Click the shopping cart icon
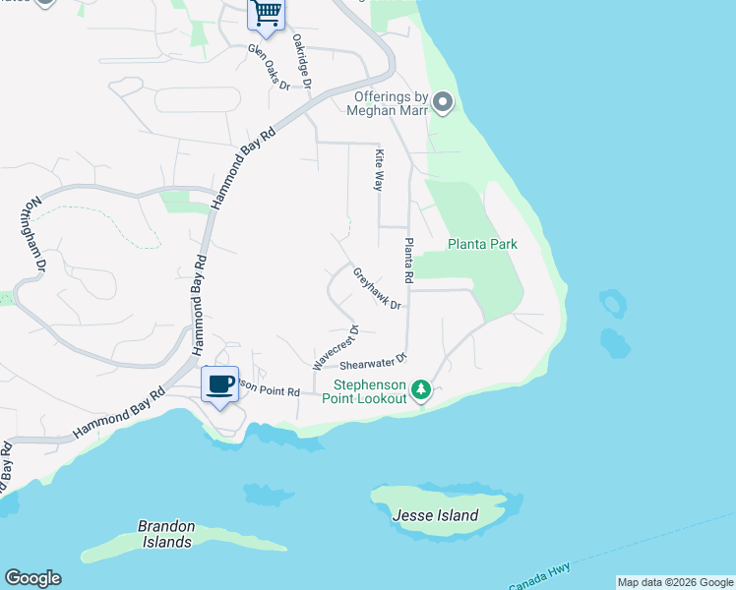tap(266, 13)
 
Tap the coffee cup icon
tap(220, 383)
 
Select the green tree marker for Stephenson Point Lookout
tap(421, 390)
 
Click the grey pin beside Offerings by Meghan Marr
tap(443, 102)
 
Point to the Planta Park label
tap(482, 244)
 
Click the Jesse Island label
tap(435, 515)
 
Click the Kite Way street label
tap(378, 169)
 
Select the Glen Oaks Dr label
tap(269, 67)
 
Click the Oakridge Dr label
tap(302, 64)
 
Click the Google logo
tap(32, 578)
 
